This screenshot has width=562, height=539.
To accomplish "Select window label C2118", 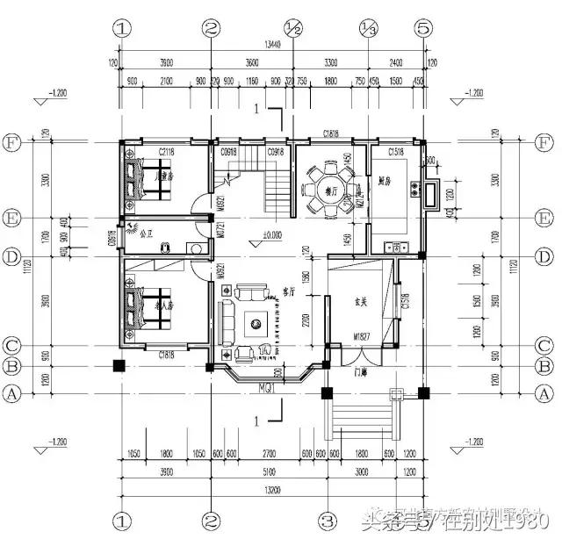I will [x=167, y=153].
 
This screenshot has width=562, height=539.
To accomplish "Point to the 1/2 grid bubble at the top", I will [x=293, y=28].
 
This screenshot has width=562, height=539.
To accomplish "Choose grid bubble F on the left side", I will [x=12, y=140].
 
